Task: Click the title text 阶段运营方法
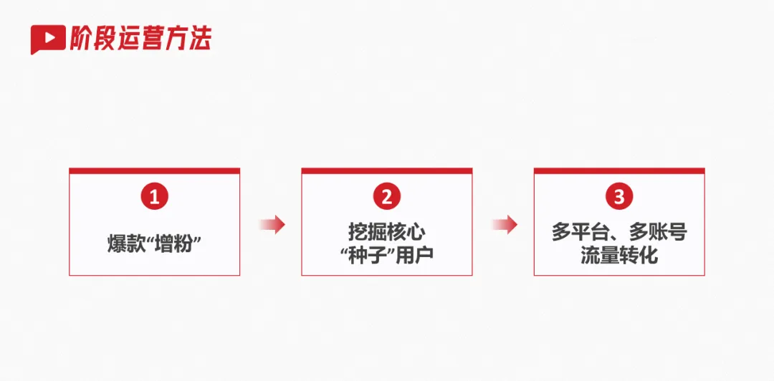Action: pyautogui.click(x=140, y=38)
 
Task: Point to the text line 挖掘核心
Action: pyautogui.click(x=387, y=233)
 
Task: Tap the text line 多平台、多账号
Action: pyautogui.click(x=619, y=233)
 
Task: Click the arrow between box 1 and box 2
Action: pyautogui.click(x=272, y=224)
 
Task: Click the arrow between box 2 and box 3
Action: pyautogui.click(x=505, y=224)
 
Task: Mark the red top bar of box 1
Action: pyautogui.click(x=154, y=171)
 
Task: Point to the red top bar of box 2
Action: pyautogui.click(x=387, y=171)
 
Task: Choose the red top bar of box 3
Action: pyautogui.click(x=619, y=171)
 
